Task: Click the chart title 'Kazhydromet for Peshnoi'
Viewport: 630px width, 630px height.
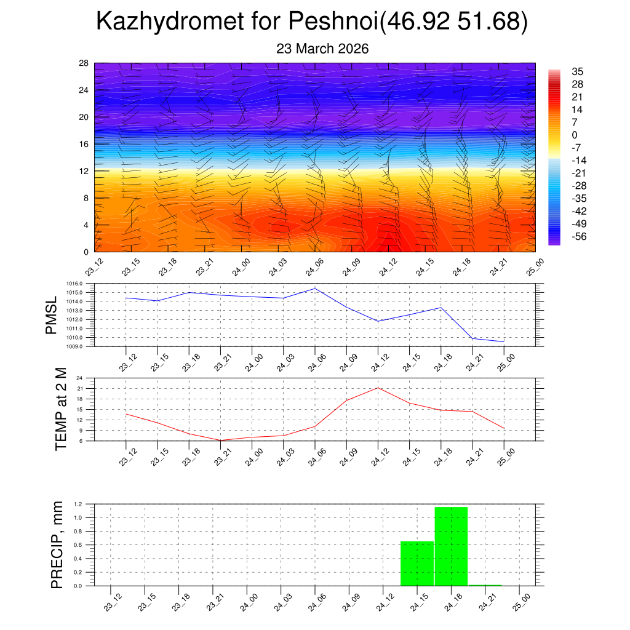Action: (x=237, y=23)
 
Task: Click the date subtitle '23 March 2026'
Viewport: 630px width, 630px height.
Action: (x=322, y=49)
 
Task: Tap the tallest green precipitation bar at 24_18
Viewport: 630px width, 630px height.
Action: (x=451, y=546)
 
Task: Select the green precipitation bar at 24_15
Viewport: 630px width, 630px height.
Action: (x=417, y=563)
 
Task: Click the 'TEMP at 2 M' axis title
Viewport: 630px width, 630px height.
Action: (x=60, y=409)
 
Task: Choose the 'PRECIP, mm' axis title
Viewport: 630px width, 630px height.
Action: (x=57, y=545)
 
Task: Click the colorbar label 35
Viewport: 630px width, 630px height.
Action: (x=577, y=71)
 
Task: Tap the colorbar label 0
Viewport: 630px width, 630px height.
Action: (x=575, y=135)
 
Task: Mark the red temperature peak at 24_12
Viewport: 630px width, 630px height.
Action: (x=378, y=388)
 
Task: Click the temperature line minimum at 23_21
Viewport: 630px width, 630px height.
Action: (x=220, y=440)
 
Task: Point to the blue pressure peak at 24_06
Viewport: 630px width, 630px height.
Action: (x=315, y=289)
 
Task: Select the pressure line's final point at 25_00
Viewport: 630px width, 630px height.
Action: (x=504, y=341)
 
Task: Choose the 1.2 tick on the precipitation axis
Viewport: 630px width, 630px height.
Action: (x=79, y=504)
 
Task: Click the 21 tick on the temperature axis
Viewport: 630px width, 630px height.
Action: (x=80, y=389)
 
